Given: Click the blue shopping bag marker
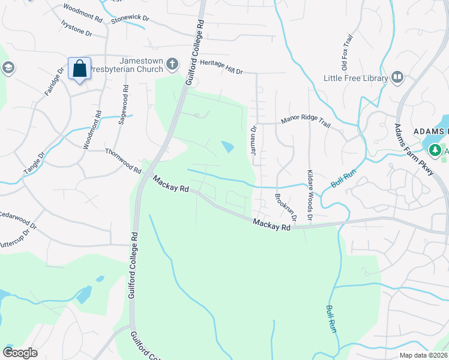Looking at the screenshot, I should pyautogui.click(x=79, y=69).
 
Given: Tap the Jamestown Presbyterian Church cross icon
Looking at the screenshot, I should pyautogui.click(x=172, y=64).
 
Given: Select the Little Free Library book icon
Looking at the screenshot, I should pyautogui.click(x=397, y=77).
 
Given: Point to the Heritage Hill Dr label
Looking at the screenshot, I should pyautogui.click(x=221, y=71).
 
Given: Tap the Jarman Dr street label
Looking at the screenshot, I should pyautogui.click(x=253, y=140).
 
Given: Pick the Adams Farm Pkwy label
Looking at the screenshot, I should pyautogui.click(x=414, y=149).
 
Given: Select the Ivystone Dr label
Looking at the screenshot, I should pyautogui.click(x=76, y=28).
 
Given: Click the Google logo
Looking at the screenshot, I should pyautogui.click(x=19, y=353).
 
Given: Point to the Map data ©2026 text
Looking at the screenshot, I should pyautogui.click(x=423, y=355).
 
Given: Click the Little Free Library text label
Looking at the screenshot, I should pyautogui.click(x=355, y=78).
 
